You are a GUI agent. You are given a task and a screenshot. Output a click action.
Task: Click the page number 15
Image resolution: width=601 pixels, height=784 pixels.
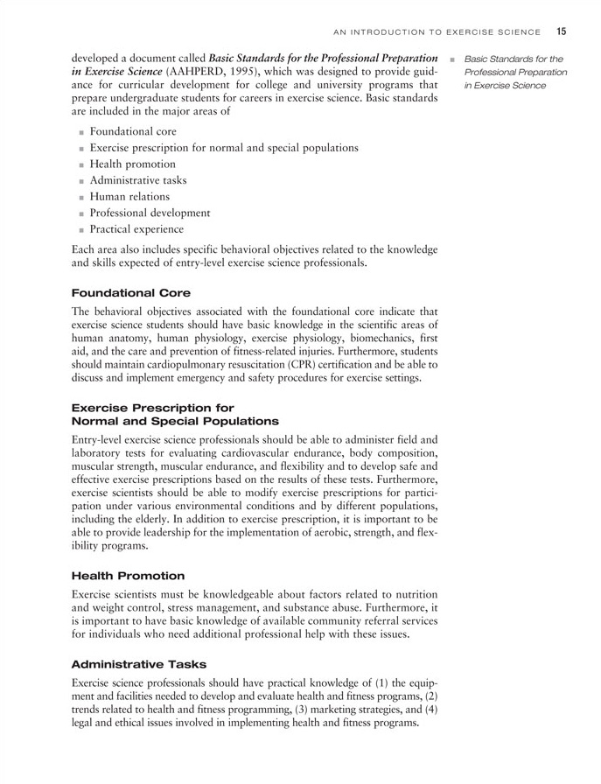(x=561, y=31)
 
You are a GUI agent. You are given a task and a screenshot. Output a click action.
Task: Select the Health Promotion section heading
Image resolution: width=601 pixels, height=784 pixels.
(x=128, y=576)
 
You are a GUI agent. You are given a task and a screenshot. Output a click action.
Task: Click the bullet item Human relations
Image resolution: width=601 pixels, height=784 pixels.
(x=129, y=197)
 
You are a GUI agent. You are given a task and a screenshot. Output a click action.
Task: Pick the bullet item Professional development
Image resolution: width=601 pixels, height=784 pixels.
(x=150, y=213)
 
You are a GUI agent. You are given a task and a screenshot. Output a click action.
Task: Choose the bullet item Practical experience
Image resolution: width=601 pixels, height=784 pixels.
(x=136, y=229)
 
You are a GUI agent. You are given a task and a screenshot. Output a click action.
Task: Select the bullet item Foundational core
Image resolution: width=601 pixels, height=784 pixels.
(x=133, y=131)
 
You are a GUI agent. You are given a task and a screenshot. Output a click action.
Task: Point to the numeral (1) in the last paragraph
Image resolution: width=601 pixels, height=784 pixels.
(x=378, y=682)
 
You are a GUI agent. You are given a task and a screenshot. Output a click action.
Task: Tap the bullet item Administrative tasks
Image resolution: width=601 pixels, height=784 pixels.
(x=137, y=180)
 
